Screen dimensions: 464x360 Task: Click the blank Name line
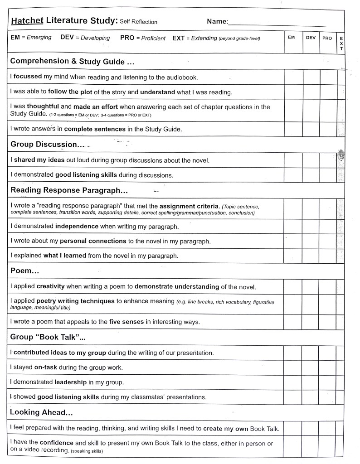point(277,23)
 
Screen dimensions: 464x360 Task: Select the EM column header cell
point(292,38)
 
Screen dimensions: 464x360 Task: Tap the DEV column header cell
point(311,38)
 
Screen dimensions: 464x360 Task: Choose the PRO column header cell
point(327,39)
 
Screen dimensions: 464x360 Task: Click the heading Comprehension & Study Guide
point(72,61)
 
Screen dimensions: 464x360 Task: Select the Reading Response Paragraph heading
point(69,190)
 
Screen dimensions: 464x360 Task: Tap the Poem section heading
point(24,271)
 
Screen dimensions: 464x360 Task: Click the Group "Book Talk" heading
point(48,337)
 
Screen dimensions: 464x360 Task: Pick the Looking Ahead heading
point(41,412)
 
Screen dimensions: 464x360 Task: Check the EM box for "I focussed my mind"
point(293,77)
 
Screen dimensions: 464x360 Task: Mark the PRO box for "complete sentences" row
point(328,129)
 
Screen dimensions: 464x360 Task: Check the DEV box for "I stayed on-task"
point(310,367)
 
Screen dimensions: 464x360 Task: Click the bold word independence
point(77,226)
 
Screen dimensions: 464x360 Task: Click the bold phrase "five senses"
point(126,322)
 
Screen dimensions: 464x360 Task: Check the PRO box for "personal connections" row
point(328,241)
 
